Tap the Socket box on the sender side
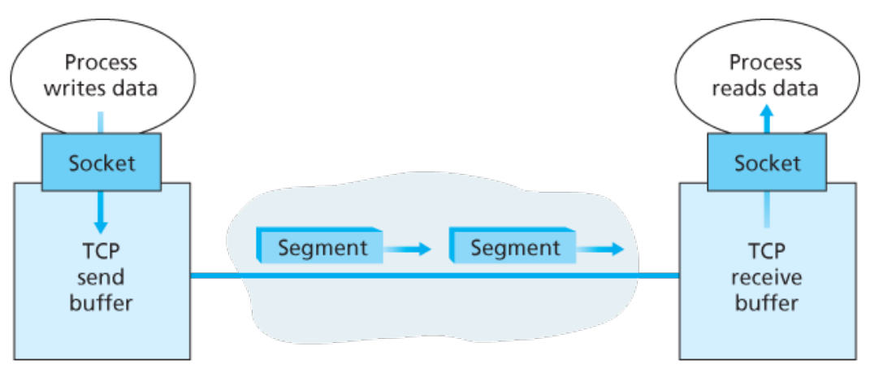102,162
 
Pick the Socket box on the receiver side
767,162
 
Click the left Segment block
319,245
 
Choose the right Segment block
512,245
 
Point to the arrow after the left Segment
407,249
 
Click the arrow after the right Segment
599,249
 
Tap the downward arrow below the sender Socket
101,212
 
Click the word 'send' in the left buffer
101,277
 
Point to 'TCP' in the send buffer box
101,251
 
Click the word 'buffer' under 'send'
101,303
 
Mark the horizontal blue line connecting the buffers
435,275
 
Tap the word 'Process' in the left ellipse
101,62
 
